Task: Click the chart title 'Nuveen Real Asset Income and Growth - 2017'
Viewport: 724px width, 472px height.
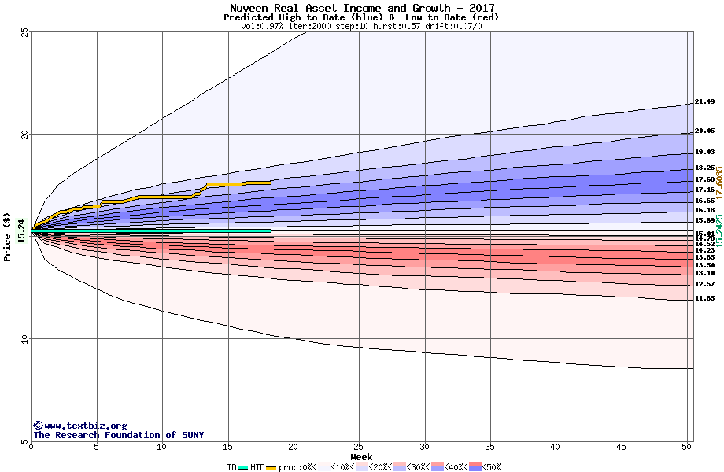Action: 362,8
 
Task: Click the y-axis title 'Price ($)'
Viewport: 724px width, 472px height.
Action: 8,237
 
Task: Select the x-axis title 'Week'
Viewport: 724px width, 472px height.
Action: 361,457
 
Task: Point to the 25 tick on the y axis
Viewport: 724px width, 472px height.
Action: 24,32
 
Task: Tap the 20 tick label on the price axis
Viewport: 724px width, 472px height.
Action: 24,135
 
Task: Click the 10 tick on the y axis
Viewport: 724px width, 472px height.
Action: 24,339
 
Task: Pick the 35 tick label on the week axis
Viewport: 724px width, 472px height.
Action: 490,448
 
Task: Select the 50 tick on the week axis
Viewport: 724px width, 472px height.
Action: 687,448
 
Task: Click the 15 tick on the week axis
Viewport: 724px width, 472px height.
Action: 228,448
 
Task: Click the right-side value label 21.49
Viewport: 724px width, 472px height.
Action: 704,102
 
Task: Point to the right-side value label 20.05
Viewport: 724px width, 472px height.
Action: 704,131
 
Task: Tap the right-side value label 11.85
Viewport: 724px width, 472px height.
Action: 704,299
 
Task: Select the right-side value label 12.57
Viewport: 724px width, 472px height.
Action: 704,284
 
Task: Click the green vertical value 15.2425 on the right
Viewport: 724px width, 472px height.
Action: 718,231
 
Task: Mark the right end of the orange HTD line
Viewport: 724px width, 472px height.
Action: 270,183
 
